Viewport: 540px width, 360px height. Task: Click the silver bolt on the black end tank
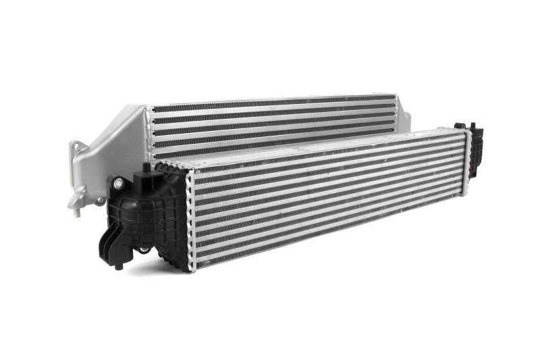pyautogui.click(x=119, y=182)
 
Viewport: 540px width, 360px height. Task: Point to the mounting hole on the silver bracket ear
pyautogui.click(x=76, y=146)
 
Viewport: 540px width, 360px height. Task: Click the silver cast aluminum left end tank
pyautogui.click(x=111, y=149)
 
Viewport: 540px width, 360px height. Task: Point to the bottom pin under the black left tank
pyautogui.click(x=119, y=265)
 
